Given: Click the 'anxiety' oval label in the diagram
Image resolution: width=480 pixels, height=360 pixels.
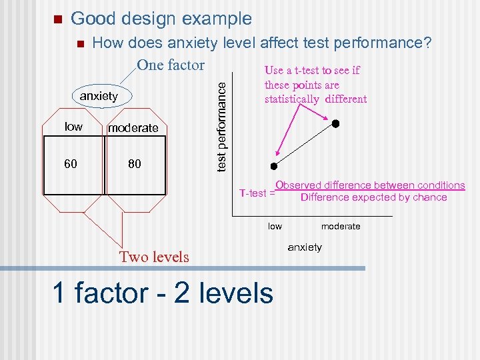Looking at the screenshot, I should click(x=99, y=96).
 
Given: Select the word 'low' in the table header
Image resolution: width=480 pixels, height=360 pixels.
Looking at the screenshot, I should click(x=73, y=127).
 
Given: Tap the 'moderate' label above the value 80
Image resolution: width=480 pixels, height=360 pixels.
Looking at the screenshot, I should click(x=133, y=128).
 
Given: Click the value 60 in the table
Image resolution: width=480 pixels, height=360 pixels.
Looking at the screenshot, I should click(x=71, y=163).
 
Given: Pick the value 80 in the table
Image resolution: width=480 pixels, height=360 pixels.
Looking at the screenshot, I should click(x=134, y=163).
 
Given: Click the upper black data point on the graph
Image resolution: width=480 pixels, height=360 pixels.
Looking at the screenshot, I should click(x=336, y=124).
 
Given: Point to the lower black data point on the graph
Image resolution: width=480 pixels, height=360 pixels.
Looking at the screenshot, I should click(x=273, y=166).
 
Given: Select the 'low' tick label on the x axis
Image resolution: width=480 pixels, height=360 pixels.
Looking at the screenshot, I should click(x=275, y=227).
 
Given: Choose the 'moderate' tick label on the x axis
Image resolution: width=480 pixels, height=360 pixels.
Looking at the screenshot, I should click(x=341, y=227).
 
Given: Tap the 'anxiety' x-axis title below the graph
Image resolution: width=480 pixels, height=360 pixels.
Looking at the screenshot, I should click(x=305, y=247).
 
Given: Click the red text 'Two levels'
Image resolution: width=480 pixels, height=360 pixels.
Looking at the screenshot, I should click(x=154, y=257).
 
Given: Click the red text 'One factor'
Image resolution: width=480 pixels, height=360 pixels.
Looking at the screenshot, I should click(x=170, y=65).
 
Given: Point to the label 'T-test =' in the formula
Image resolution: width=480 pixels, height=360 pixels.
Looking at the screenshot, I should click(x=257, y=193).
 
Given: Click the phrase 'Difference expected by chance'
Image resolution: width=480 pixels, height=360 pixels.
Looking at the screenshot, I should click(x=373, y=197).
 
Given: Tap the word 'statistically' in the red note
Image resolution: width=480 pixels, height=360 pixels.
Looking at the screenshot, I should click(x=291, y=99).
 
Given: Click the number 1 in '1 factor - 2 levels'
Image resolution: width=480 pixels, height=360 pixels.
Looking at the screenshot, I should click(x=59, y=293).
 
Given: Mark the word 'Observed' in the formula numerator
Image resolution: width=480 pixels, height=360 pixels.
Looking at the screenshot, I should click(x=297, y=185).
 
